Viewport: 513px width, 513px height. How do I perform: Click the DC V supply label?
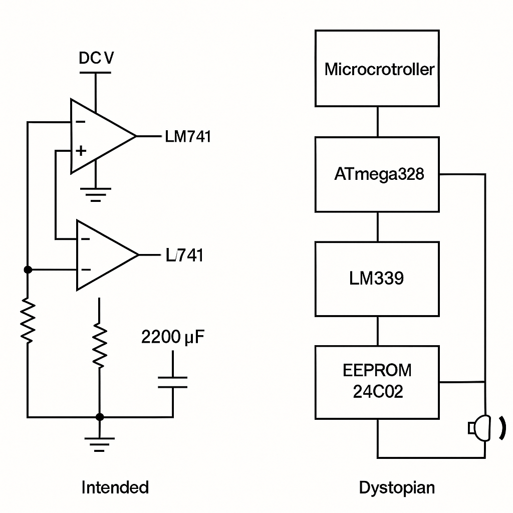(96, 58)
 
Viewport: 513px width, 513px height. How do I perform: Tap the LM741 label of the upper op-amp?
(188, 136)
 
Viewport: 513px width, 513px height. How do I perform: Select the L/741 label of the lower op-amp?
(184, 255)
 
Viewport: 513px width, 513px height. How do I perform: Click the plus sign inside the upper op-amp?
(81, 150)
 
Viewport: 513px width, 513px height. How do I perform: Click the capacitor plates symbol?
(172, 382)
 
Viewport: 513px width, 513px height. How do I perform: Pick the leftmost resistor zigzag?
(28, 321)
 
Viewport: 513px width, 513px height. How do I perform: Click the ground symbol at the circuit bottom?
(99, 443)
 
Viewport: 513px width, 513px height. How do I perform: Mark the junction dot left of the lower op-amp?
(28, 270)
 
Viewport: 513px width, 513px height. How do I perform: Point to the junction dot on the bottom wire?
(100, 417)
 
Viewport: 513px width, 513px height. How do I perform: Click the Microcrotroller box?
(377, 68)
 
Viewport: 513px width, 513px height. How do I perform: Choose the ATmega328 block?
(377, 174)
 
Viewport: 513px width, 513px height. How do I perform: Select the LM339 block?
(377, 279)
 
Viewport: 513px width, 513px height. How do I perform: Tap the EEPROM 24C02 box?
(377, 382)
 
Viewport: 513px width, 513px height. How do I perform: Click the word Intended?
(115, 487)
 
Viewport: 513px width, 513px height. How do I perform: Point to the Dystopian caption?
(397, 487)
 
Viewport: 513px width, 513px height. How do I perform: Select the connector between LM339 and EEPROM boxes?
(377, 331)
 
